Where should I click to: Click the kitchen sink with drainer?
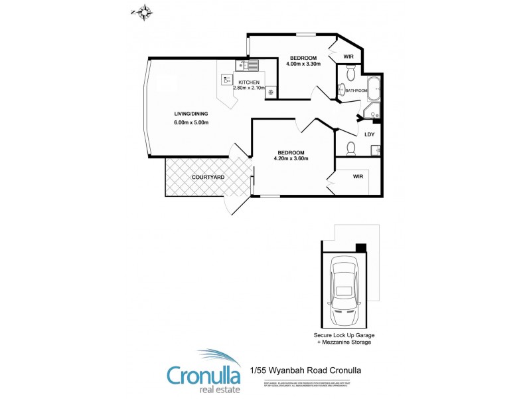tap(247, 65)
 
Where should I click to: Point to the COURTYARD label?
tap(207, 178)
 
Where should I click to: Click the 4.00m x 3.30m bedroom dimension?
tap(303, 64)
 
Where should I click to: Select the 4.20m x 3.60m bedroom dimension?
tap(291, 158)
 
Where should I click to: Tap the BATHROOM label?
tap(356, 90)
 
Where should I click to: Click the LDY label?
tap(370, 134)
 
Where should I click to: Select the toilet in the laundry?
tap(351, 148)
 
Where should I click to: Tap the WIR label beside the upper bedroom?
tap(348, 57)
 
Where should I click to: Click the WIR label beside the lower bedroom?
tap(358, 177)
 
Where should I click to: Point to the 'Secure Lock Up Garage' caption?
tap(344, 335)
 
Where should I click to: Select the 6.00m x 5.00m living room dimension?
tap(191, 122)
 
